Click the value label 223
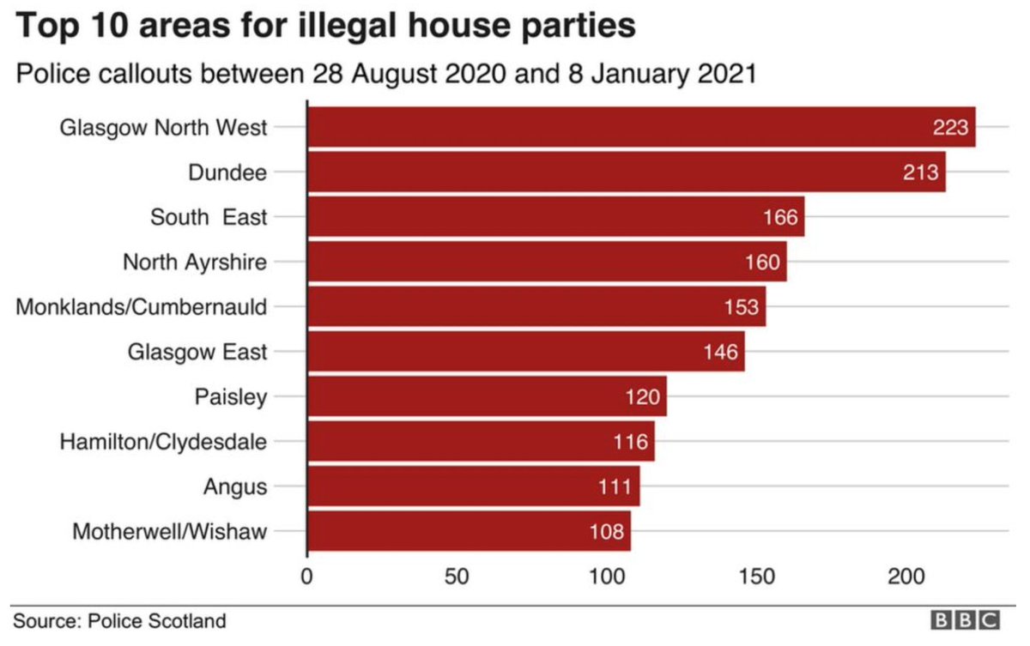pyautogui.click(x=950, y=128)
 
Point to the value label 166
pyautogui.click(x=780, y=217)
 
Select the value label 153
pyautogui.click(x=741, y=307)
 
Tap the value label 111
pyautogui.click(x=615, y=486)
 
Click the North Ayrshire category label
pyautogui.click(x=195, y=262)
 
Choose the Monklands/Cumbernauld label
pyautogui.click(x=142, y=307)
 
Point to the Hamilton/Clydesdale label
pyautogui.click(x=163, y=442)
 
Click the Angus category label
pyautogui.click(x=235, y=486)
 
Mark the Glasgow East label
pyautogui.click(x=197, y=352)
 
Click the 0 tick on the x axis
pyautogui.click(x=307, y=576)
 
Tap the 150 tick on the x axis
pyautogui.click(x=758, y=576)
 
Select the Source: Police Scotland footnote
pyautogui.click(x=119, y=620)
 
